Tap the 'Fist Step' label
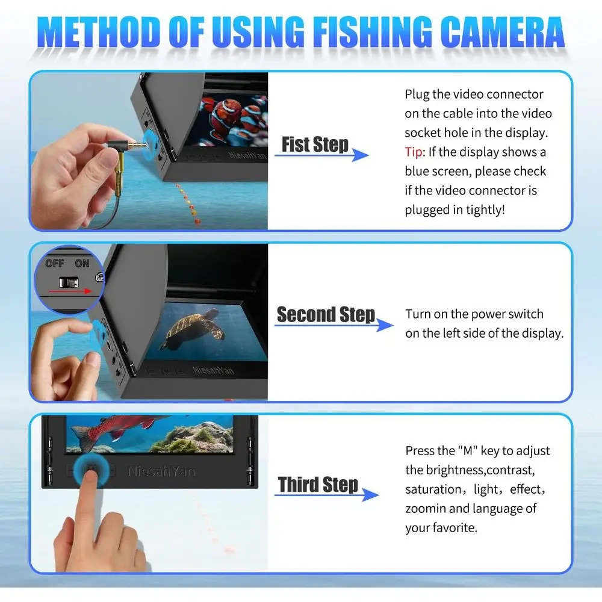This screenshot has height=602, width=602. pyautogui.click(x=315, y=145)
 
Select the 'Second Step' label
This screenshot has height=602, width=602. pyautogui.click(x=326, y=315)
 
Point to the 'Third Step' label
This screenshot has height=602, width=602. pyautogui.click(x=318, y=485)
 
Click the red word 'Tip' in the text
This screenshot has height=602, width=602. pyautogui.click(x=414, y=152)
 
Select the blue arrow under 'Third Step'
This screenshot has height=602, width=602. pyautogui.click(x=328, y=495)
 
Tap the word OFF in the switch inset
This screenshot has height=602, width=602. pyautogui.click(x=55, y=264)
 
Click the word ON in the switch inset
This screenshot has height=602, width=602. pyautogui.click(x=82, y=264)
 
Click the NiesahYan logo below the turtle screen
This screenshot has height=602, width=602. pyautogui.click(x=214, y=368)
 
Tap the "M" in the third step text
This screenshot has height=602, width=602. pyautogui.click(x=464, y=451)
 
